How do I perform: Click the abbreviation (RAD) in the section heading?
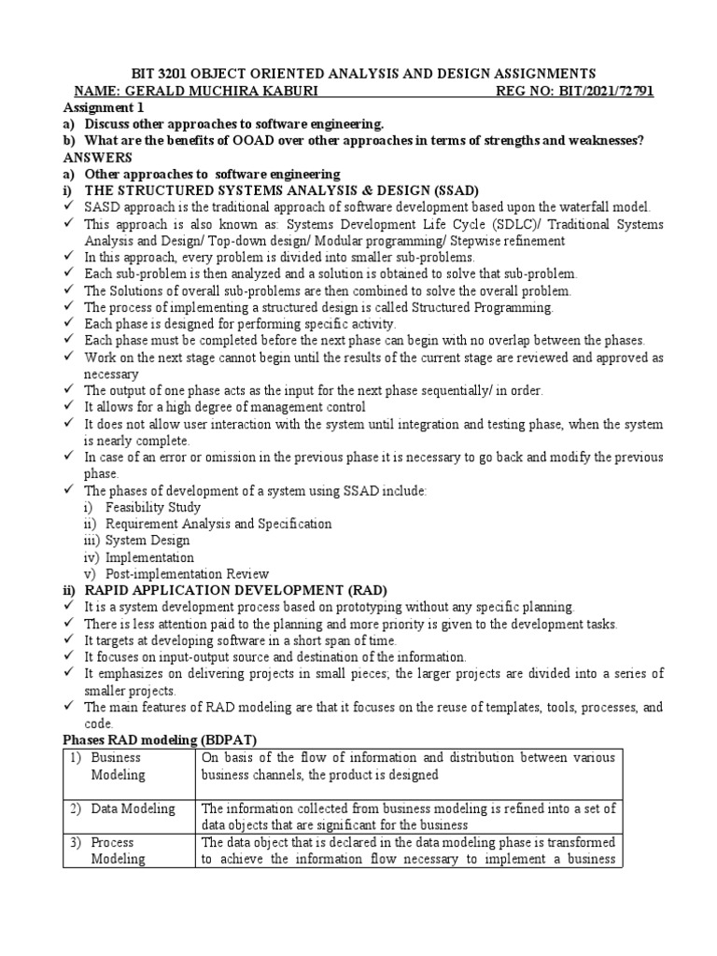[358, 590]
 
